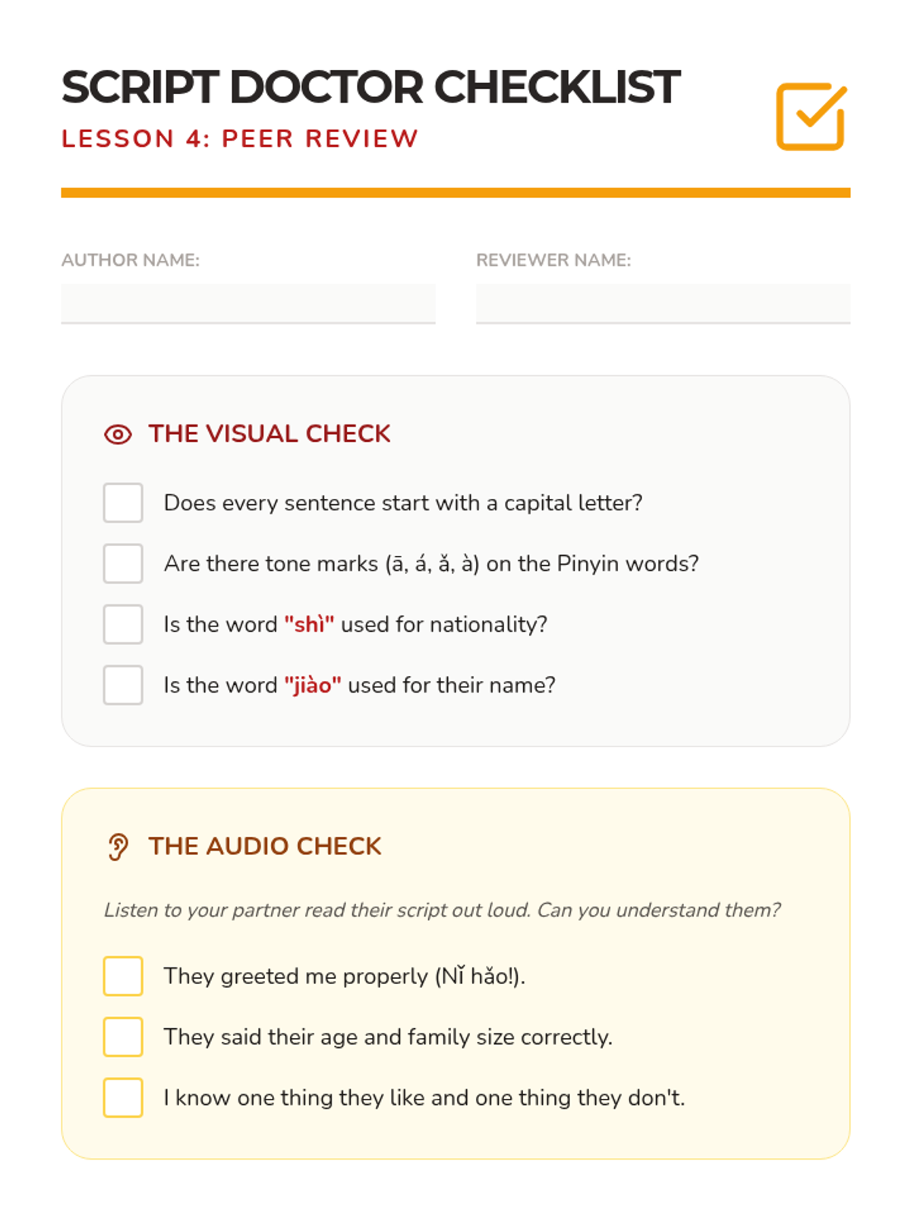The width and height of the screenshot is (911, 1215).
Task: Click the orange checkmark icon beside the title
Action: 811,116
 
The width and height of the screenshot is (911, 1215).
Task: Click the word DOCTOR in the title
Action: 326,87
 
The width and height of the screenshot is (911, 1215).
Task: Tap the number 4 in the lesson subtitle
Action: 194,138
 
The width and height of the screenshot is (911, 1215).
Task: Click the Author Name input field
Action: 248,303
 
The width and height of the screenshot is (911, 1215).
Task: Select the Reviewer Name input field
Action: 663,303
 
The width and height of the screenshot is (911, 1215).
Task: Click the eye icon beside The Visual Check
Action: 118,434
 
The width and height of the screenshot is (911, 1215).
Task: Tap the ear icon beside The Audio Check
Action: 118,847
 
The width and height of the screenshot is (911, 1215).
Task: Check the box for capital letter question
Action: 123,503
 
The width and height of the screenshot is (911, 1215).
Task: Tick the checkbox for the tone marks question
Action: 123,563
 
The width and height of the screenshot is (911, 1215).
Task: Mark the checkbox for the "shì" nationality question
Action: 123,624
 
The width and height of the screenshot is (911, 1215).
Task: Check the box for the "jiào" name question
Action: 123,685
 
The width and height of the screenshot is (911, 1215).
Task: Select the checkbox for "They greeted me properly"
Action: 123,976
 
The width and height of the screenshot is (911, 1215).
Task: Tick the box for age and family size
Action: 123,1037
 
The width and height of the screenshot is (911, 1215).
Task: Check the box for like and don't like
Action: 123,1097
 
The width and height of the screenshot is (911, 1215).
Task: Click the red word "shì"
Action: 309,624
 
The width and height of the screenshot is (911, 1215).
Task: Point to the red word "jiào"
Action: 313,685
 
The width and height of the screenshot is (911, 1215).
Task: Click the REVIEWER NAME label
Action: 553,260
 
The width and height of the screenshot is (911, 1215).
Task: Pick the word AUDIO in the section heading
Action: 247,847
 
